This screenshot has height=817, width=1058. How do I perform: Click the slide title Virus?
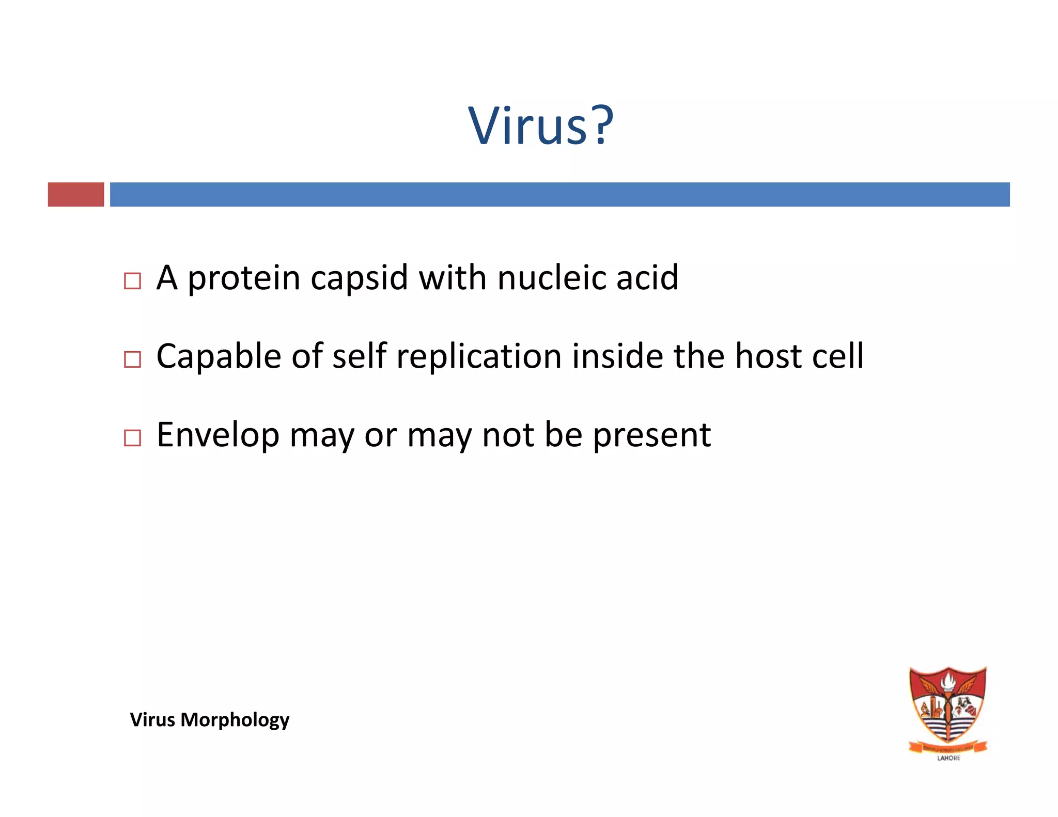(540, 125)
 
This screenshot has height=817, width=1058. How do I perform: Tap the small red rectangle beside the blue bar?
(76, 195)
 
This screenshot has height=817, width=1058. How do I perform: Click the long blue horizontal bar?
(559, 195)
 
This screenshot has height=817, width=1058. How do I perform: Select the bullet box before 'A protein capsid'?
(133, 281)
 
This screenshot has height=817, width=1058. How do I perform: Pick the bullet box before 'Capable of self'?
(133, 359)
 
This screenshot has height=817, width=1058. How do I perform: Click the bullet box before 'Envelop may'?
(133, 438)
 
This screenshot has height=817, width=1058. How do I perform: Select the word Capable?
(219, 357)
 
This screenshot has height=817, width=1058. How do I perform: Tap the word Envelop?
(218, 436)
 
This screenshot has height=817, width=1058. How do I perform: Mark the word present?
(651, 436)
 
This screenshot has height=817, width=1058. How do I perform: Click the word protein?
(243, 279)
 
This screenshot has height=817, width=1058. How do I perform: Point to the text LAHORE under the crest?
(948, 758)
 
